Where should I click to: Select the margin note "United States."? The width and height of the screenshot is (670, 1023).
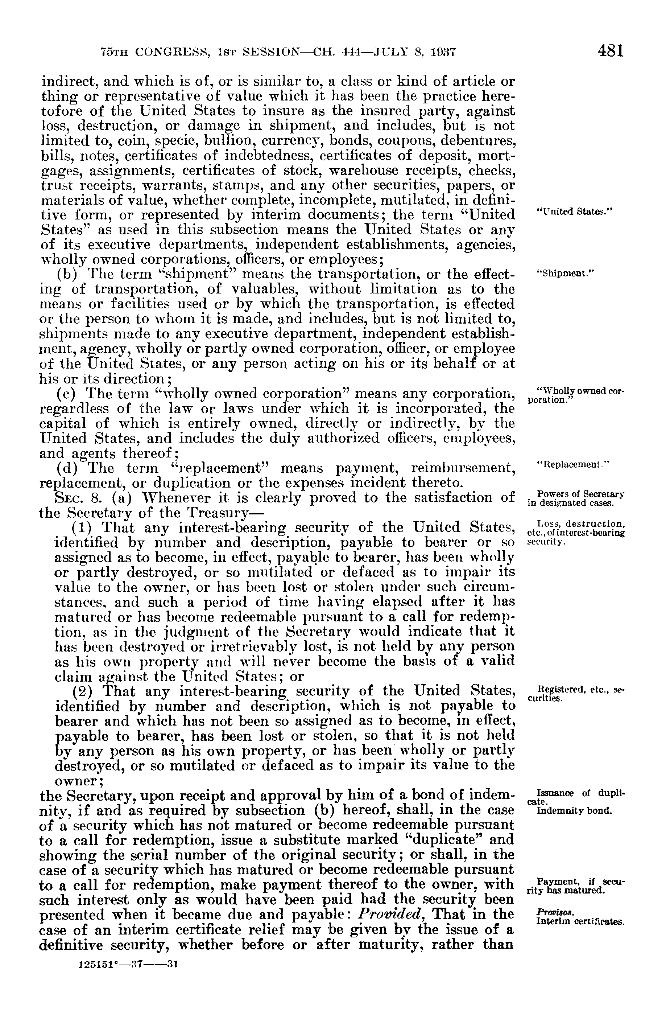click(x=574, y=211)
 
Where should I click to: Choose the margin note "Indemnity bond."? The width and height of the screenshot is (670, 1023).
click(x=574, y=811)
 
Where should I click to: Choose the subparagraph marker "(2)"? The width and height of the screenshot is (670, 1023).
click(x=82, y=691)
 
